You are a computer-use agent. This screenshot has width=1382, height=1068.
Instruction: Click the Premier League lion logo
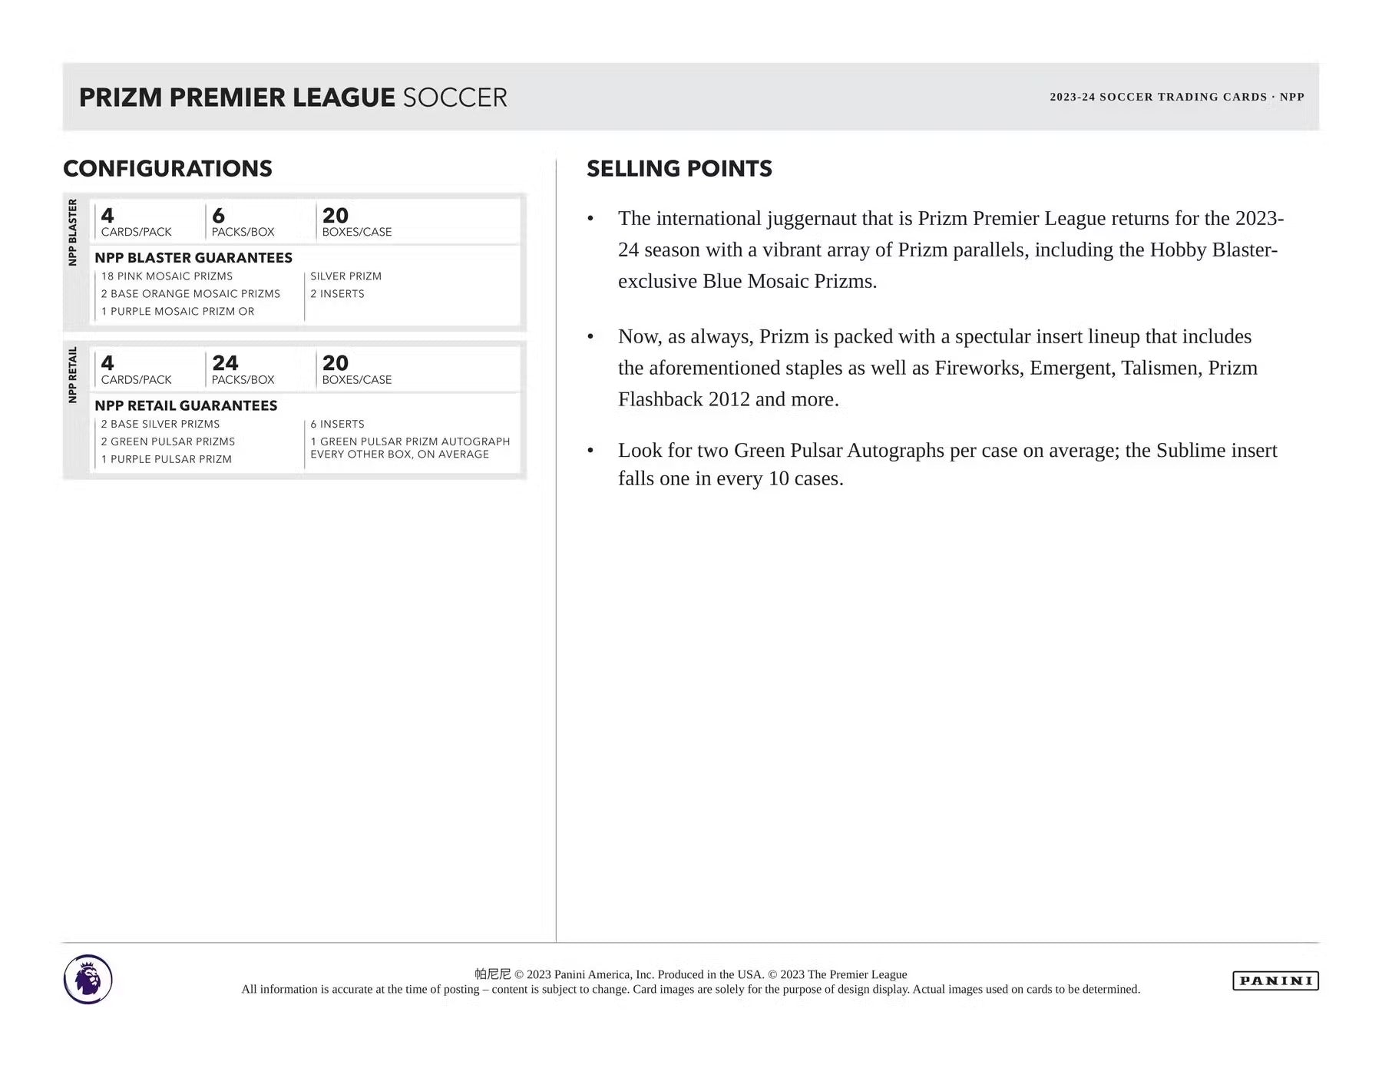pos(88,979)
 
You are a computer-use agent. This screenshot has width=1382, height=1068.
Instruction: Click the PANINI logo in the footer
pos(1275,980)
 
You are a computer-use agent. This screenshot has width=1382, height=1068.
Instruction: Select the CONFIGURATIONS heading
pos(167,169)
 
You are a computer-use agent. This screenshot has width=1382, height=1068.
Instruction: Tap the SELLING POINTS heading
pos(679,169)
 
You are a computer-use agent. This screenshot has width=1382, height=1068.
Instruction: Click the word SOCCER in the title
pos(455,98)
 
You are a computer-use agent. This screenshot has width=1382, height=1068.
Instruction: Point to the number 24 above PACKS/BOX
pos(225,362)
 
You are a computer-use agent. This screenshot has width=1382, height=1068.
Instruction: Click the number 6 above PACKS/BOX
pos(218,215)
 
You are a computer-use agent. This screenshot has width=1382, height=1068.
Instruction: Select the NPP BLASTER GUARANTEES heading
pos(193,258)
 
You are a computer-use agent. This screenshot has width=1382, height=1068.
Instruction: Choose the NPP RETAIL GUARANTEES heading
pos(186,405)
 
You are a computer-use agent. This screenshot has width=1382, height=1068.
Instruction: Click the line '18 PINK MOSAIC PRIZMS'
pos(167,276)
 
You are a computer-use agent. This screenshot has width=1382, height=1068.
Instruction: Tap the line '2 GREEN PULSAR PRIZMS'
pos(168,441)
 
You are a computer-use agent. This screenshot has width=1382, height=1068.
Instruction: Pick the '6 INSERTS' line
pos(337,424)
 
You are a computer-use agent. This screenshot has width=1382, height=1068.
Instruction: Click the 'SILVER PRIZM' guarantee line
pos(345,276)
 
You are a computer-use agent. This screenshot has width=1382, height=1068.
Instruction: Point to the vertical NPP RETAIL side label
pos(73,375)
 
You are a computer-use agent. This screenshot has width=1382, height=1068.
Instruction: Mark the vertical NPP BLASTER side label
pos(73,232)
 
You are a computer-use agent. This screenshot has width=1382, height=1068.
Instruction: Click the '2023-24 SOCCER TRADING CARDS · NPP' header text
pos(1176,97)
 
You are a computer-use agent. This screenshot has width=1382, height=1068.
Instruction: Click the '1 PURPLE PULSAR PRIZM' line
pos(167,459)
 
